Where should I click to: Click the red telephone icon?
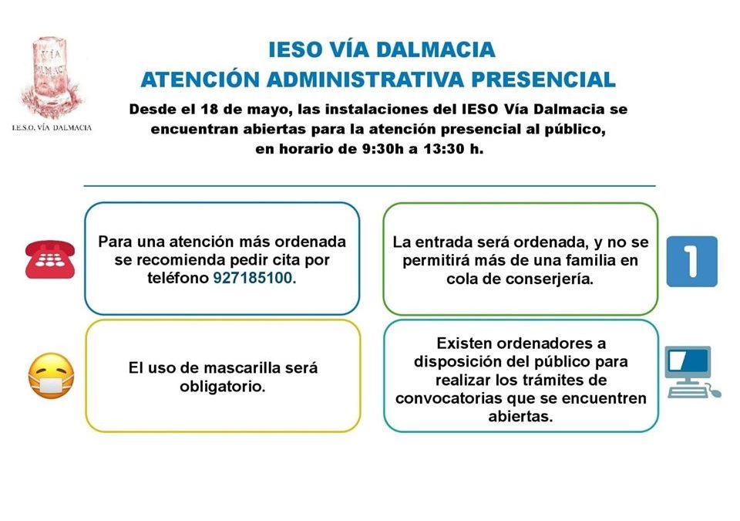point(50,259)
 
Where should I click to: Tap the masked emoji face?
point(51,376)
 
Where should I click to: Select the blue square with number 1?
point(691,262)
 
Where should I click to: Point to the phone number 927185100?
point(254,279)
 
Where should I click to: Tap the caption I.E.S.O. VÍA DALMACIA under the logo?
point(52,127)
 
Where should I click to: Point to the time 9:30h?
point(367,150)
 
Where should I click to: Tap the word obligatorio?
point(223,387)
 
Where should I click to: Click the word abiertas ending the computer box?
point(520,416)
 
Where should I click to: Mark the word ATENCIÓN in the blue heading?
point(200,80)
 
